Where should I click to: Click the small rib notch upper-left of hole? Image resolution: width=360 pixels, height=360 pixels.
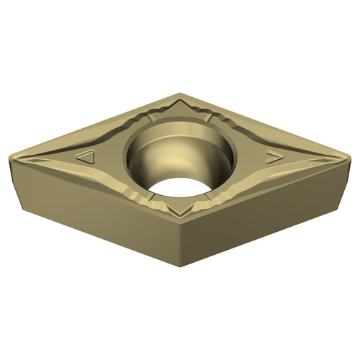click(148, 119)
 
